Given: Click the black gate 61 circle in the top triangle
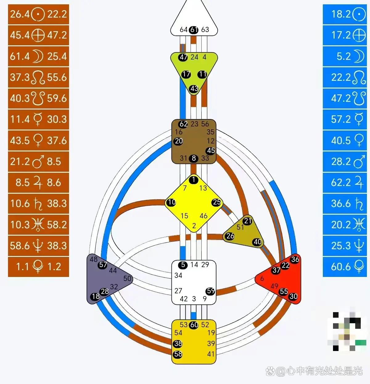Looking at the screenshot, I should pyautogui.click(x=194, y=30).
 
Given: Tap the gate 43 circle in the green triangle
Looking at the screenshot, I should pyautogui.click(x=194, y=89).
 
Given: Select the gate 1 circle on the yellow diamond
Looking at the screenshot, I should pyautogui.click(x=193, y=180).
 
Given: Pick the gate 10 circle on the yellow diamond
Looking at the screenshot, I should pyautogui.click(x=171, y=202).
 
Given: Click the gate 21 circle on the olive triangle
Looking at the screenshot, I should pyautogui.click(x=248, y=221).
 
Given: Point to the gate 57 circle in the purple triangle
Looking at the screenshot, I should pyautogui.click(x=103, y=265).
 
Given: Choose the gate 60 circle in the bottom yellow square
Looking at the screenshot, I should pyautogui.click(x=194, y=325).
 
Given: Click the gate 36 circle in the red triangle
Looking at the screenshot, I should pyautogui.click(x=295, y=259).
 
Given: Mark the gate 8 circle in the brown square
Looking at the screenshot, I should pyautogui.click(x=194, y=158).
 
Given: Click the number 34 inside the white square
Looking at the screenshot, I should pyautogui.click(x=178, y=275).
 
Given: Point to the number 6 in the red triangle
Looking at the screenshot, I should pyautogui.click(x=262, y=279).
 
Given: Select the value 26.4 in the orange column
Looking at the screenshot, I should pyautogui.click(x=20, y=14).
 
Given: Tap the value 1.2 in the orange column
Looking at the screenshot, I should pyautogui.click(x=54, y=266).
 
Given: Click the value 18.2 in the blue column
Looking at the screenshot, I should pyautogui.click(x=341, y=14).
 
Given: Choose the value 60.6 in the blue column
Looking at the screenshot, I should pyautogui.click(x=341, y=266).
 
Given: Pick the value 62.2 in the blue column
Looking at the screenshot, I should pyautogui.click(x=341, y=183).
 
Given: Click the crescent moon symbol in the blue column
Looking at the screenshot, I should pyautogui.click(x=359, y=56).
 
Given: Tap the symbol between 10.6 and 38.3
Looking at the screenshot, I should pyautogui.click(x=38, y=204).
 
